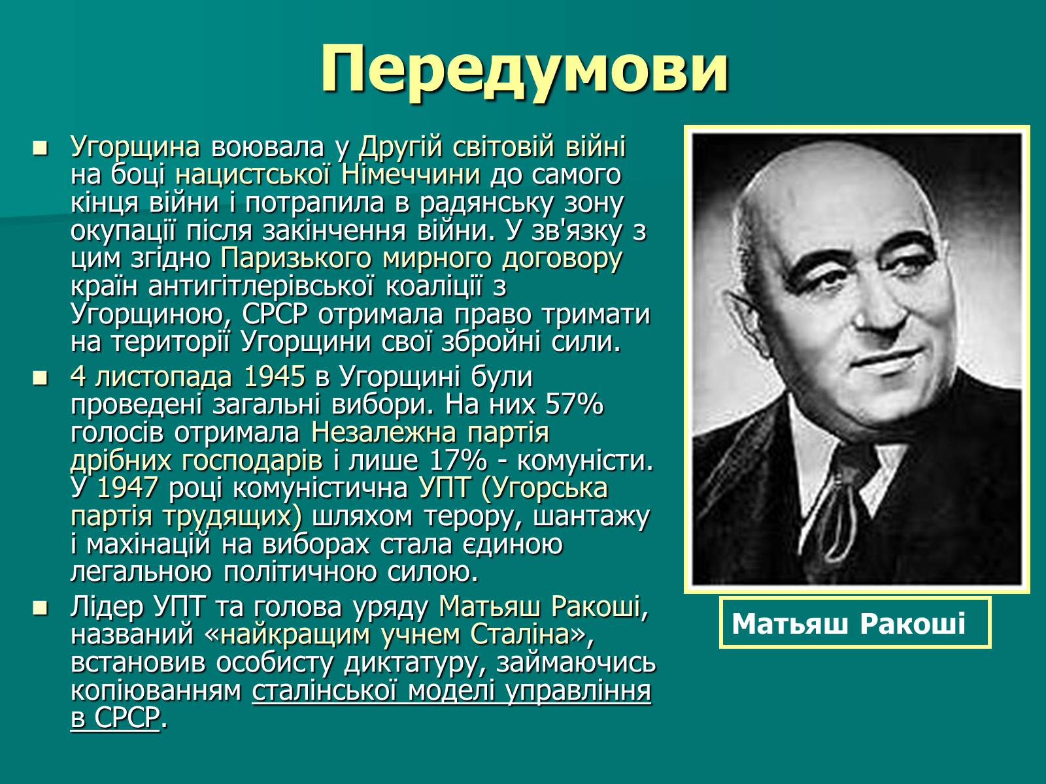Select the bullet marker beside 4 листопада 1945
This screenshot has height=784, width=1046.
click(x=41, y=378)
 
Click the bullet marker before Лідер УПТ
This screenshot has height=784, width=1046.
click(x=41, y=608)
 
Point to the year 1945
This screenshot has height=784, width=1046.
click(x=274, y=376)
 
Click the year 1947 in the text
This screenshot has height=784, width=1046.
click(x=127, y=488)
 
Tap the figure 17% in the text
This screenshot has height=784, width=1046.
click(x=458, y=461)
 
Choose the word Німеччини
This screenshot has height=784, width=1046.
click(x=411, y=174)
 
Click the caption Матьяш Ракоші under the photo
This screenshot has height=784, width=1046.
click(x=848, y=623)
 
